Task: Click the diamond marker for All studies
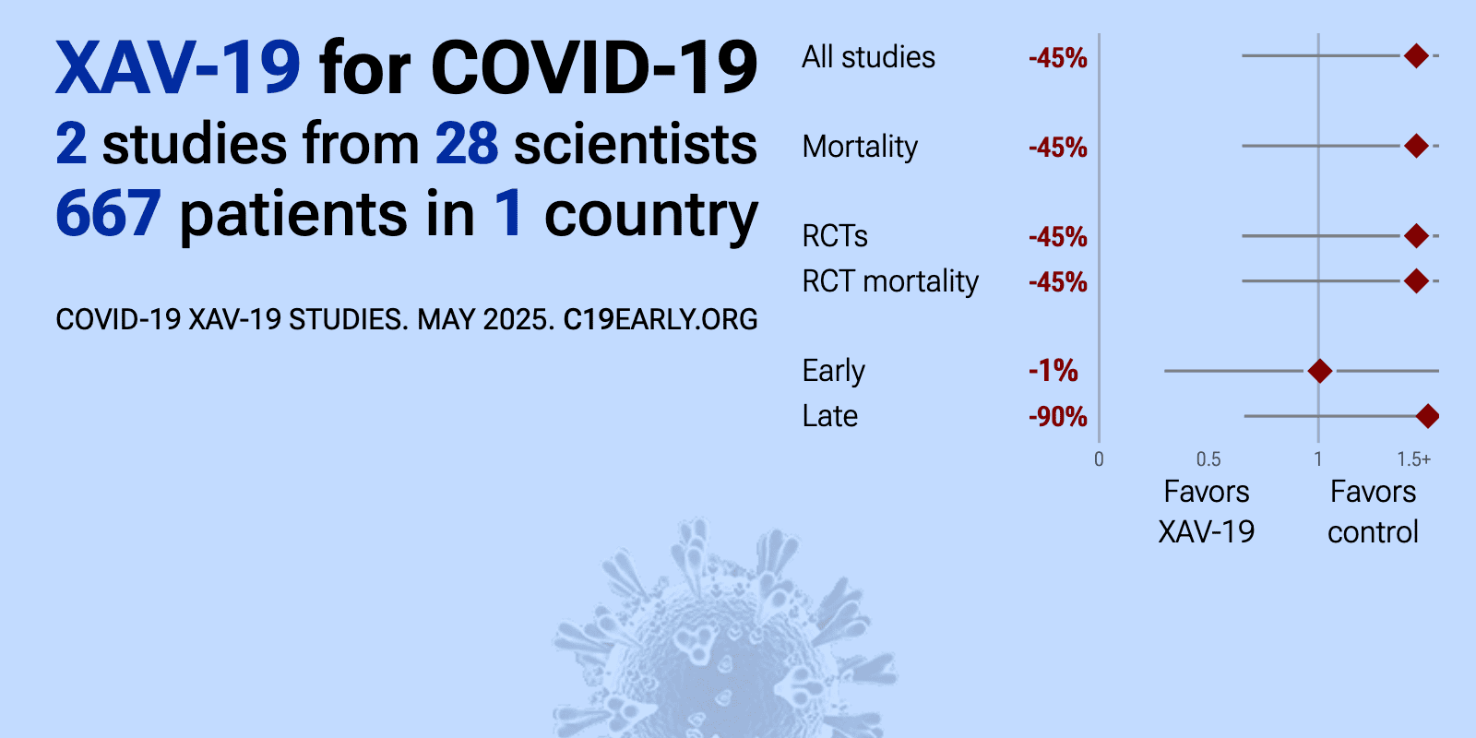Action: pyautogui.click(x=1416, y=56)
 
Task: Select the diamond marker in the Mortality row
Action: pyautogui.click(x=1416, y=146)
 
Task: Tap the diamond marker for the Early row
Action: pyautogui.click(x=1320, y=371)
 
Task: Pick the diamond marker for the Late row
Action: pyautogui.click(x=1427, y=416)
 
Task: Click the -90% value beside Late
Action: pyautogui.click(x=1057, y=416)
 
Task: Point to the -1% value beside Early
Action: pyautogui.click(x=1053, y=371)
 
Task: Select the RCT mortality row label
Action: pyautogui.click(x=890, y=282)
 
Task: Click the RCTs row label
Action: pyautogui.click(x=835, y=236)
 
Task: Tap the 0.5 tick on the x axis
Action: pyautogui.click(x=1208, y=459)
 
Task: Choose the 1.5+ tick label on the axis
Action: pyautogui.click(x=1414, y=459)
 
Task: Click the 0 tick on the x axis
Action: pyautogui.click(x=1099, y=459)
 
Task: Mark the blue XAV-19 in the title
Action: pyautogui.click(x=178, y=68)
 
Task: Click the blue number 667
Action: pyautogui.click(x=108, y=213)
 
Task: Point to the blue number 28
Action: pyautogui.click(x=467, y=144)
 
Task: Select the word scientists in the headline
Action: pyautogui.click(x=636, y=144)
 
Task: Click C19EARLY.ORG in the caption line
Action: pyautogui.click(x=661, y=319)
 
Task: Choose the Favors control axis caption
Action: pyautogui.click(x=1374, y=512)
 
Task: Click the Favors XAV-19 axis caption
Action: pyautogui.click(x=1207, y=512)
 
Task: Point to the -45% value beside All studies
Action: pyautogui.click(x=1057, y=58)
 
